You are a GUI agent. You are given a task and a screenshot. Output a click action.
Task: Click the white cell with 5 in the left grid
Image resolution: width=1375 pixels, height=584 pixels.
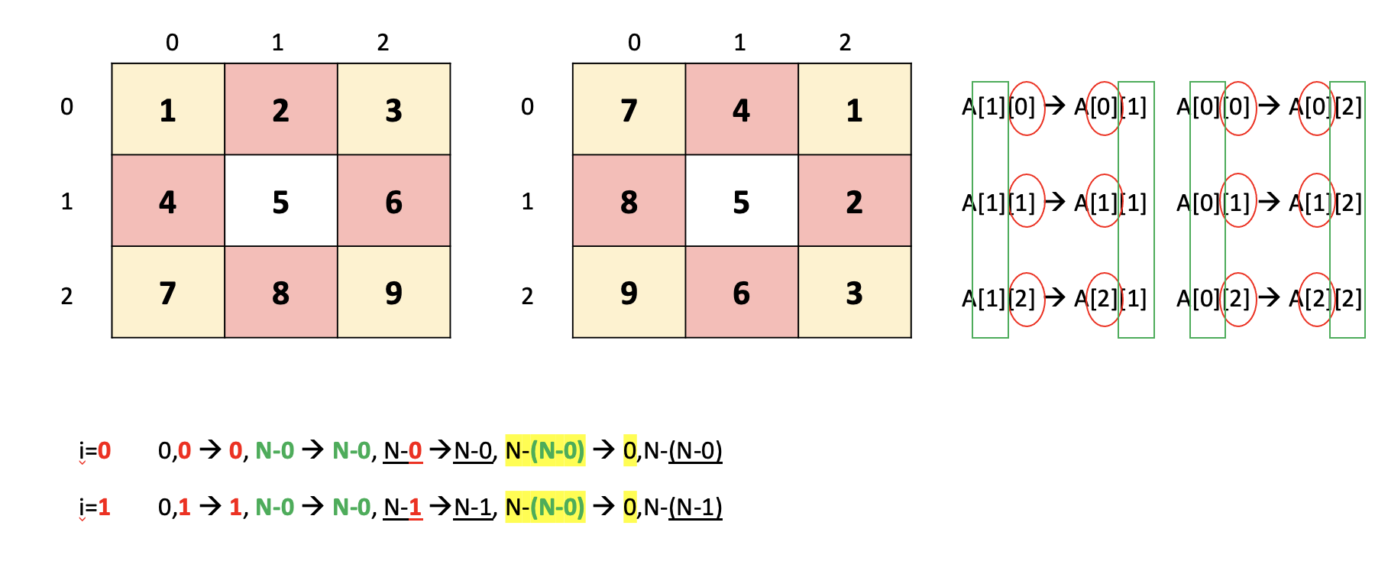click(281, 201)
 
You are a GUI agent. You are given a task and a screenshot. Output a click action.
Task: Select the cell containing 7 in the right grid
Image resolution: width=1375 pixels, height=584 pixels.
click(629, 109)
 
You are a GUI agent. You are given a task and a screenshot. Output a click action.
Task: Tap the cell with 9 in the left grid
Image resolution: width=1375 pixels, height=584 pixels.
click(394, 292)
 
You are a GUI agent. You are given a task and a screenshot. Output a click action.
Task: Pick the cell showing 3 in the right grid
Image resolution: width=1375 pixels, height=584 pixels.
click(855, 292)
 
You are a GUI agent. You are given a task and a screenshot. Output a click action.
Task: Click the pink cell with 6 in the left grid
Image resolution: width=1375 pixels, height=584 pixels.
click(394, 201)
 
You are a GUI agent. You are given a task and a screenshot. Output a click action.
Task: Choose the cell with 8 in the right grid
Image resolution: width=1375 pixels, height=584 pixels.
click(629, 201)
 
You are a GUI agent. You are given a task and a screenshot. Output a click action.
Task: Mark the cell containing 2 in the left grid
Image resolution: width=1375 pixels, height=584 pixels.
click(281, 109)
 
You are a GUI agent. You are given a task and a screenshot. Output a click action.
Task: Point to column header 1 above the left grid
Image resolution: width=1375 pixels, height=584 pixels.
click(277, 43)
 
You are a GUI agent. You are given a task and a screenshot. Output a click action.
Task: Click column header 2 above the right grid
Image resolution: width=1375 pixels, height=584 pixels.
click(845, 43)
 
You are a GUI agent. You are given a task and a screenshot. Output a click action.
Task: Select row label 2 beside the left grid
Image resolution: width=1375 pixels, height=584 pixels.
click(67, 296)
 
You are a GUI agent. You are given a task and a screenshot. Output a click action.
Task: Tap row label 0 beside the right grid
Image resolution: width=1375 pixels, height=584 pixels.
click(527, 107)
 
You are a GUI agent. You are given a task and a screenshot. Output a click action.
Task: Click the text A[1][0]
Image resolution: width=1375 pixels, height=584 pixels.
click(998, 107)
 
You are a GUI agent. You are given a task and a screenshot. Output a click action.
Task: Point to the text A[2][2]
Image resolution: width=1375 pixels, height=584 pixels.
click(1325, 298)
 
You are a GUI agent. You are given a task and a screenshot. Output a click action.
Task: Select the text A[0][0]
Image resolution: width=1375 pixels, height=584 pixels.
click(1213, 107)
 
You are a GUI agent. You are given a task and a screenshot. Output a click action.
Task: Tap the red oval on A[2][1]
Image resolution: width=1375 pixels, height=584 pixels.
click(1103, 298)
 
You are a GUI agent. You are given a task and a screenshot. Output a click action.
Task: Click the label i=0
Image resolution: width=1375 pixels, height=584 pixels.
click(95, 451)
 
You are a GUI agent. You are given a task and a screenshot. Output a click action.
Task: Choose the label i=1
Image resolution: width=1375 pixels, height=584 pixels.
click(95, 508)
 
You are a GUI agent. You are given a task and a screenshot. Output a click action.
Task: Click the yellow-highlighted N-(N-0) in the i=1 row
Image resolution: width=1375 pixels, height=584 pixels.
click(545, 508)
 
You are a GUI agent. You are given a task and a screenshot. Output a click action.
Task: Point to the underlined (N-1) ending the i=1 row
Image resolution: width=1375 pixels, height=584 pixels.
click(695, 508)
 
